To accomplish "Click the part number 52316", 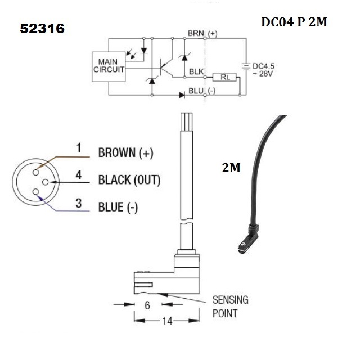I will (x=42, y=29).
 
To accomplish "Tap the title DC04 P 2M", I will (x=294, y=22).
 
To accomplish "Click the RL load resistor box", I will (x=224, y=77).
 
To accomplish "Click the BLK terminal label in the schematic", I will (x=197, y=72).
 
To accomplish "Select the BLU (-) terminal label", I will (x=201, y=90).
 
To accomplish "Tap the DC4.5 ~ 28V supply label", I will (x=264, y=71).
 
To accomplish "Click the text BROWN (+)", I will (x=125, y=152).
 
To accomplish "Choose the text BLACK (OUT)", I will (x=129, y=180).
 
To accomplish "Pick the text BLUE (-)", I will (x=118, y=207).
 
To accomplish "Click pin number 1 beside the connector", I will (x=79, y=148).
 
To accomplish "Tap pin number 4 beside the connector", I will (x=79, y=175).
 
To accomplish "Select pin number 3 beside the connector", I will (x=79, y=203).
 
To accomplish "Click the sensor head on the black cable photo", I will (x=246, y=240).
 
